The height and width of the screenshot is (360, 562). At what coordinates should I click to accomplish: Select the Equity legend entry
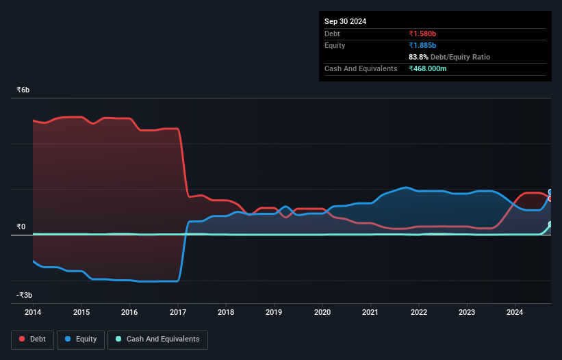pyautogui.click(x=81, y=339)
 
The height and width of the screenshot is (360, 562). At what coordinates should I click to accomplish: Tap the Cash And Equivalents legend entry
pyautogui.click(x=157, y=339)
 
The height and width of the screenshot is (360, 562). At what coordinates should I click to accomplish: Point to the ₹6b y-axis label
pyautogui.click(x=23, y=90)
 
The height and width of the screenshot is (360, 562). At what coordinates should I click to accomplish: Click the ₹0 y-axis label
pyautogui.click(x=21, y=227)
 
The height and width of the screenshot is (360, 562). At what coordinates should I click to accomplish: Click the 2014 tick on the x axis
pyautogui.click(x=33, y=312)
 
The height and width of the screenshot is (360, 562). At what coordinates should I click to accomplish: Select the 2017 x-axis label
pyautogui.click(x=178, y=312)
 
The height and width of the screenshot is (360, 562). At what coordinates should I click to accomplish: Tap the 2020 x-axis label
pyautogui.click(x=322, y=312)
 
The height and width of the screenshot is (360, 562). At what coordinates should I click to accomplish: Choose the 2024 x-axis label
pyautogui.click(x=515, y=312)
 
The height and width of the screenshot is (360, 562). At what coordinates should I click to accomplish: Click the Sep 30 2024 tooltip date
pyautogui.click(x=346, y=21)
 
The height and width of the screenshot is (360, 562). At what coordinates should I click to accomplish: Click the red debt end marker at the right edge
pyautogui.click(x=550, y=198)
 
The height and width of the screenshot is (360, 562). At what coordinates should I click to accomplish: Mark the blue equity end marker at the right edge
pyautogui.click(x=550, y=192)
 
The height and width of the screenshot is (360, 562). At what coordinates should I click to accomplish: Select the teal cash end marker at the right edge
pyautogui.click(x=550, y=224)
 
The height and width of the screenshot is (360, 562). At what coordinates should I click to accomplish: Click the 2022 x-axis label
pyautogui.click(x=419, y=312)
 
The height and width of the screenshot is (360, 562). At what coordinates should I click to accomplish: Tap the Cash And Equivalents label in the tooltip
pyautogui.click(x=361, y=68)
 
